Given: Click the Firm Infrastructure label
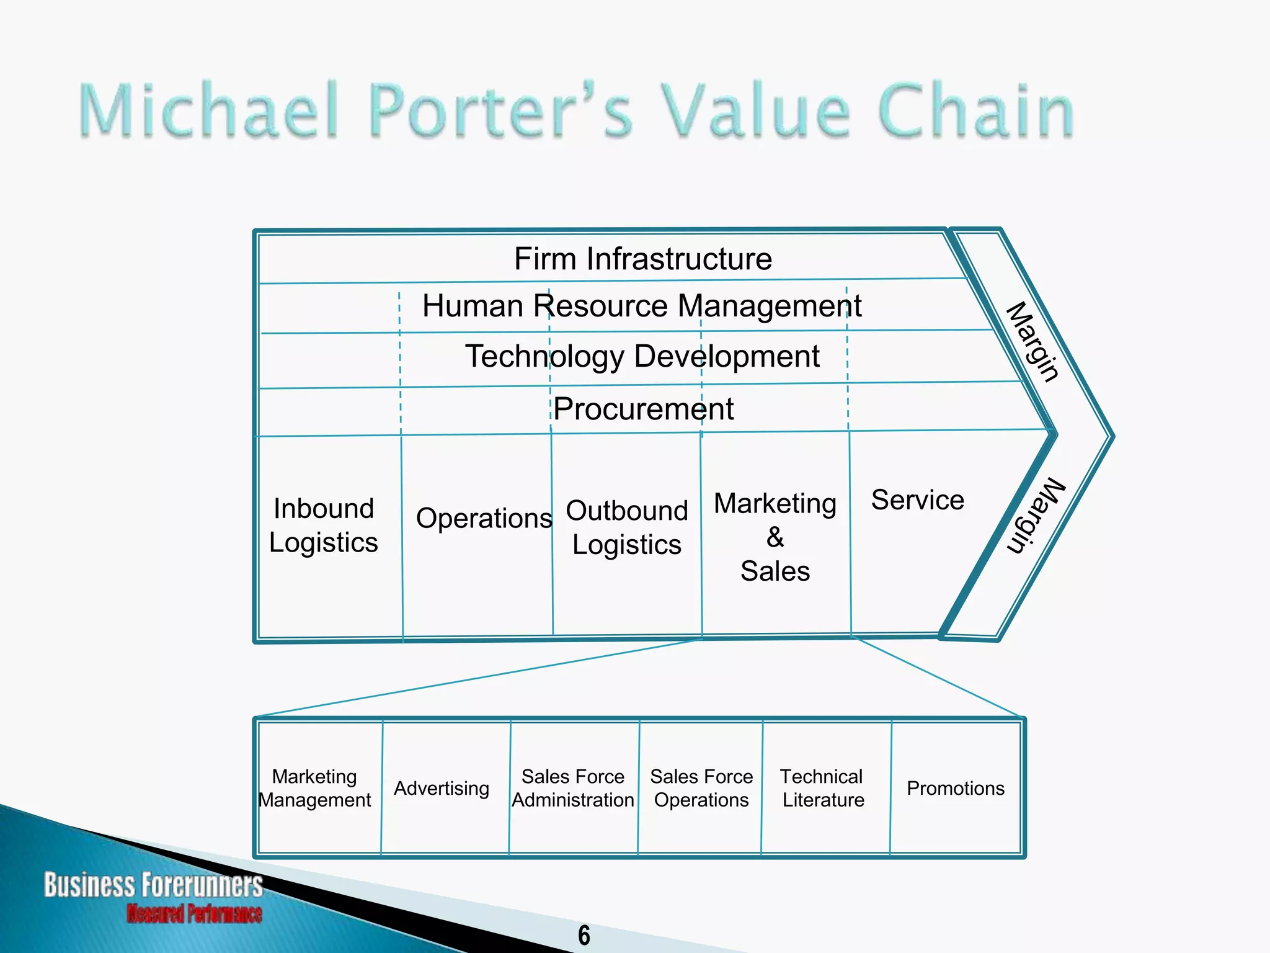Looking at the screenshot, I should point(643,259).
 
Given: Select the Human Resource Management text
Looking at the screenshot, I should point(642,306).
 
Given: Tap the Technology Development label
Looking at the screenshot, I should point(642,357).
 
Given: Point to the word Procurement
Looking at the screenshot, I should point(644,409).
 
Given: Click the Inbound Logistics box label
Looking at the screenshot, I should point(324,526).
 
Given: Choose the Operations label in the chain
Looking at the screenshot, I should point(484,518).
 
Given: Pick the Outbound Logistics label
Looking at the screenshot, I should point(627,527).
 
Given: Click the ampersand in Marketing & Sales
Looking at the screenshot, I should point(775,537).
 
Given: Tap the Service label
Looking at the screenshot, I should point(918,500).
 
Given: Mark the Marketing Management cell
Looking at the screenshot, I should point(315,788).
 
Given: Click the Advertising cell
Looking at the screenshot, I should point(442,789).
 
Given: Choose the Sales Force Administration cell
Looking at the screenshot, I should point(573,788).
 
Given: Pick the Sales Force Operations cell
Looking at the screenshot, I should point(701,788).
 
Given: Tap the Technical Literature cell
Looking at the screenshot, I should point(822,788).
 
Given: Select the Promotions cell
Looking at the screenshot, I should point(956,789).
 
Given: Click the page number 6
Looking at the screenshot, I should point(584,936).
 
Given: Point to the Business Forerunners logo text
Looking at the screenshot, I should point(153,885).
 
